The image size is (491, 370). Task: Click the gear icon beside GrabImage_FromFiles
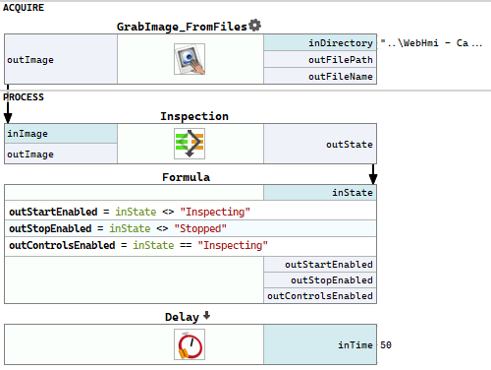tap(254, 26)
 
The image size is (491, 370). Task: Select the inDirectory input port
tap(320, 42)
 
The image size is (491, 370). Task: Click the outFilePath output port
tap(320, 59)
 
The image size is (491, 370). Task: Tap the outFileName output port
tap(320, 76)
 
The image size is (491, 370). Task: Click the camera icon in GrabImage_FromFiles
tap(190, 59)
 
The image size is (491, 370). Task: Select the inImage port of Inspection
tap(61, 134)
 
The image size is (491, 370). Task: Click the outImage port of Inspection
tap(61, 154)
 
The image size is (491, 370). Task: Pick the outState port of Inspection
tap(320, 144)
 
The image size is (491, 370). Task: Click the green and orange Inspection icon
tap(190, 144)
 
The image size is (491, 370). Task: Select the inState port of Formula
tap(320, 192)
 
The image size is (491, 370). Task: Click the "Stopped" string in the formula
tap(200, 228)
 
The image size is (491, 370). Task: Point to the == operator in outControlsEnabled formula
tap(186, 245)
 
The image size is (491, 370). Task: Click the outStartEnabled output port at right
tap(320, 264)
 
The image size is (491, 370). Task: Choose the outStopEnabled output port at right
tap(320, 279)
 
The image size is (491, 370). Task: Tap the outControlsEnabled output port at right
tap(320, 295)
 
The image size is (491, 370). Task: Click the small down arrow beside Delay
tap(206, 315)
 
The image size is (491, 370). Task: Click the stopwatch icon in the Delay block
tap(190, 344)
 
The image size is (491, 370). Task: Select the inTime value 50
tap(386, 344)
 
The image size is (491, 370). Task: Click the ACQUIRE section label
tap(24, 8)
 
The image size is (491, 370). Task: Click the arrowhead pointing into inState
tap(373, 179)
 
